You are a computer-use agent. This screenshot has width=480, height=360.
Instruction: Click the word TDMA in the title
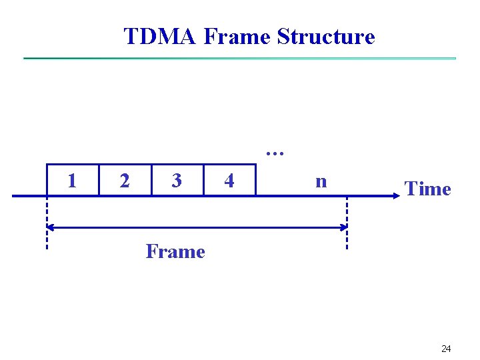(160, 36)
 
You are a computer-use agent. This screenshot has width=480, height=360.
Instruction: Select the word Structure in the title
(326, 36)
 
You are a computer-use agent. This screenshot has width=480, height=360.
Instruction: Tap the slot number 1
(72, 181)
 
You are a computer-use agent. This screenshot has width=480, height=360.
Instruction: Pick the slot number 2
(124, 181)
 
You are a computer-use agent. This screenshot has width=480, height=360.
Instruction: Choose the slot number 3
(176, 181)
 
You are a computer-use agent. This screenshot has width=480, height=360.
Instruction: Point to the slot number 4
(229, 181)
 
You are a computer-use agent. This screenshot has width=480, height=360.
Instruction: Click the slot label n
(321, 181)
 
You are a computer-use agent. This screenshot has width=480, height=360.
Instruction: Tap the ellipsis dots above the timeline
(275, 153)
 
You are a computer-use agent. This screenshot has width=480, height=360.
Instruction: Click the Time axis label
(428, 189)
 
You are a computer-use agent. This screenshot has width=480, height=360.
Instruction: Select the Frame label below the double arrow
(175, 252)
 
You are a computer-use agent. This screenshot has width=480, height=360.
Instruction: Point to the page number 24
(446, 349)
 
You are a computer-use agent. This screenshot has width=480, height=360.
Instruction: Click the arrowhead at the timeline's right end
(394, 196)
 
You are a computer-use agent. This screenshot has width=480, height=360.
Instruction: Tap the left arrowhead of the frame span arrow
(51, 228)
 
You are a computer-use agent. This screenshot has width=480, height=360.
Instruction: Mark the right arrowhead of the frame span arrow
(343, 228)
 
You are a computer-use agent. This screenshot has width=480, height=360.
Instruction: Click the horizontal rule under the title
(240, 59)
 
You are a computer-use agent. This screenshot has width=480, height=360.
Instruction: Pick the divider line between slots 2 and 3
(151, 179)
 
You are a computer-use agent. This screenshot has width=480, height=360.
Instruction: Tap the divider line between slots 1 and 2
(99, 179)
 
